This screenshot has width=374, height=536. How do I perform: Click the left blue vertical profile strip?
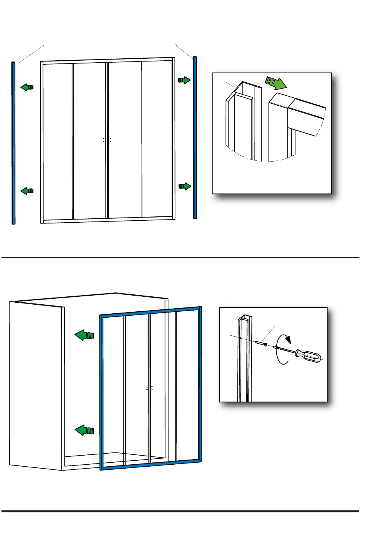point(13,142)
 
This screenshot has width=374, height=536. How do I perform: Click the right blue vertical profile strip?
point(195,138)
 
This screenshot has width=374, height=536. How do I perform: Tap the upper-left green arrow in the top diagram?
point(27,87)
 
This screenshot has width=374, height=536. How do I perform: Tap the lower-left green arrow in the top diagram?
point(27,191)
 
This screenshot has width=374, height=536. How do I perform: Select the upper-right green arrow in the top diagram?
point(184,80)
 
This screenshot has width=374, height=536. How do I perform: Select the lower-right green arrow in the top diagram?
point(185,186)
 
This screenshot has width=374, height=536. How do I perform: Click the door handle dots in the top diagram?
point(107,140)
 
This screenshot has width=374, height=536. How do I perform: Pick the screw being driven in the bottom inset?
point(261,343)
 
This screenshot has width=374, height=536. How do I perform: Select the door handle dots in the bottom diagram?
point(149,388)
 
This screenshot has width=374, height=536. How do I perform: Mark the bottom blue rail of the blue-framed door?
point(152,465)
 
